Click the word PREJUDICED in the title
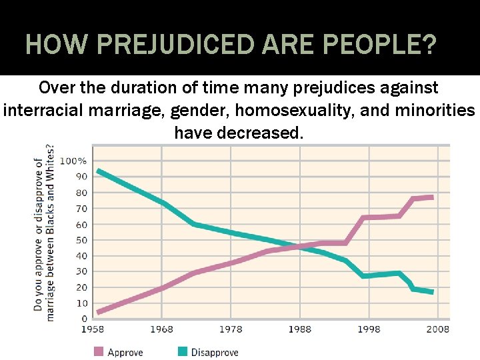coord(175,44)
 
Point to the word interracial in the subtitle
coord(43,110)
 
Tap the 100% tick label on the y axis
coord(73,161)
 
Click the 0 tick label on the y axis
coord(85,319)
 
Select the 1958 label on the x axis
coord(93,329)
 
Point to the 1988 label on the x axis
coord(300,329)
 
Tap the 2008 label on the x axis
coord(438,329)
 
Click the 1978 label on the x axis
coord(231,329)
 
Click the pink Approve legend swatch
coord(99,352)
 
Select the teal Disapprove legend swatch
coord(183,352)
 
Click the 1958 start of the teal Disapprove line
coord(98,171)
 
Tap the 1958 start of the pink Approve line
coord(98,312)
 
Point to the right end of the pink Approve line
coord(433,197)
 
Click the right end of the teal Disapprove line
coord(433,292)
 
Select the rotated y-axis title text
coord(44,233)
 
